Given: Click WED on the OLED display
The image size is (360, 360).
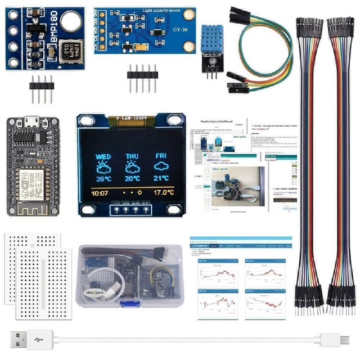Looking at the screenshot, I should click(x=103, y=156).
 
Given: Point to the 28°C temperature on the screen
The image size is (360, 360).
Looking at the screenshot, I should click(x=103, y=179).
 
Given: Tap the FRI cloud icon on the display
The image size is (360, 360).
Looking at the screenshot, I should click(x=161, y=167).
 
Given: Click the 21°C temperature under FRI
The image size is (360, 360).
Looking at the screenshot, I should click(x=161, y=179).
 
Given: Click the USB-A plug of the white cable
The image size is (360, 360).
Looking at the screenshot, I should click(x=22, y=339).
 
